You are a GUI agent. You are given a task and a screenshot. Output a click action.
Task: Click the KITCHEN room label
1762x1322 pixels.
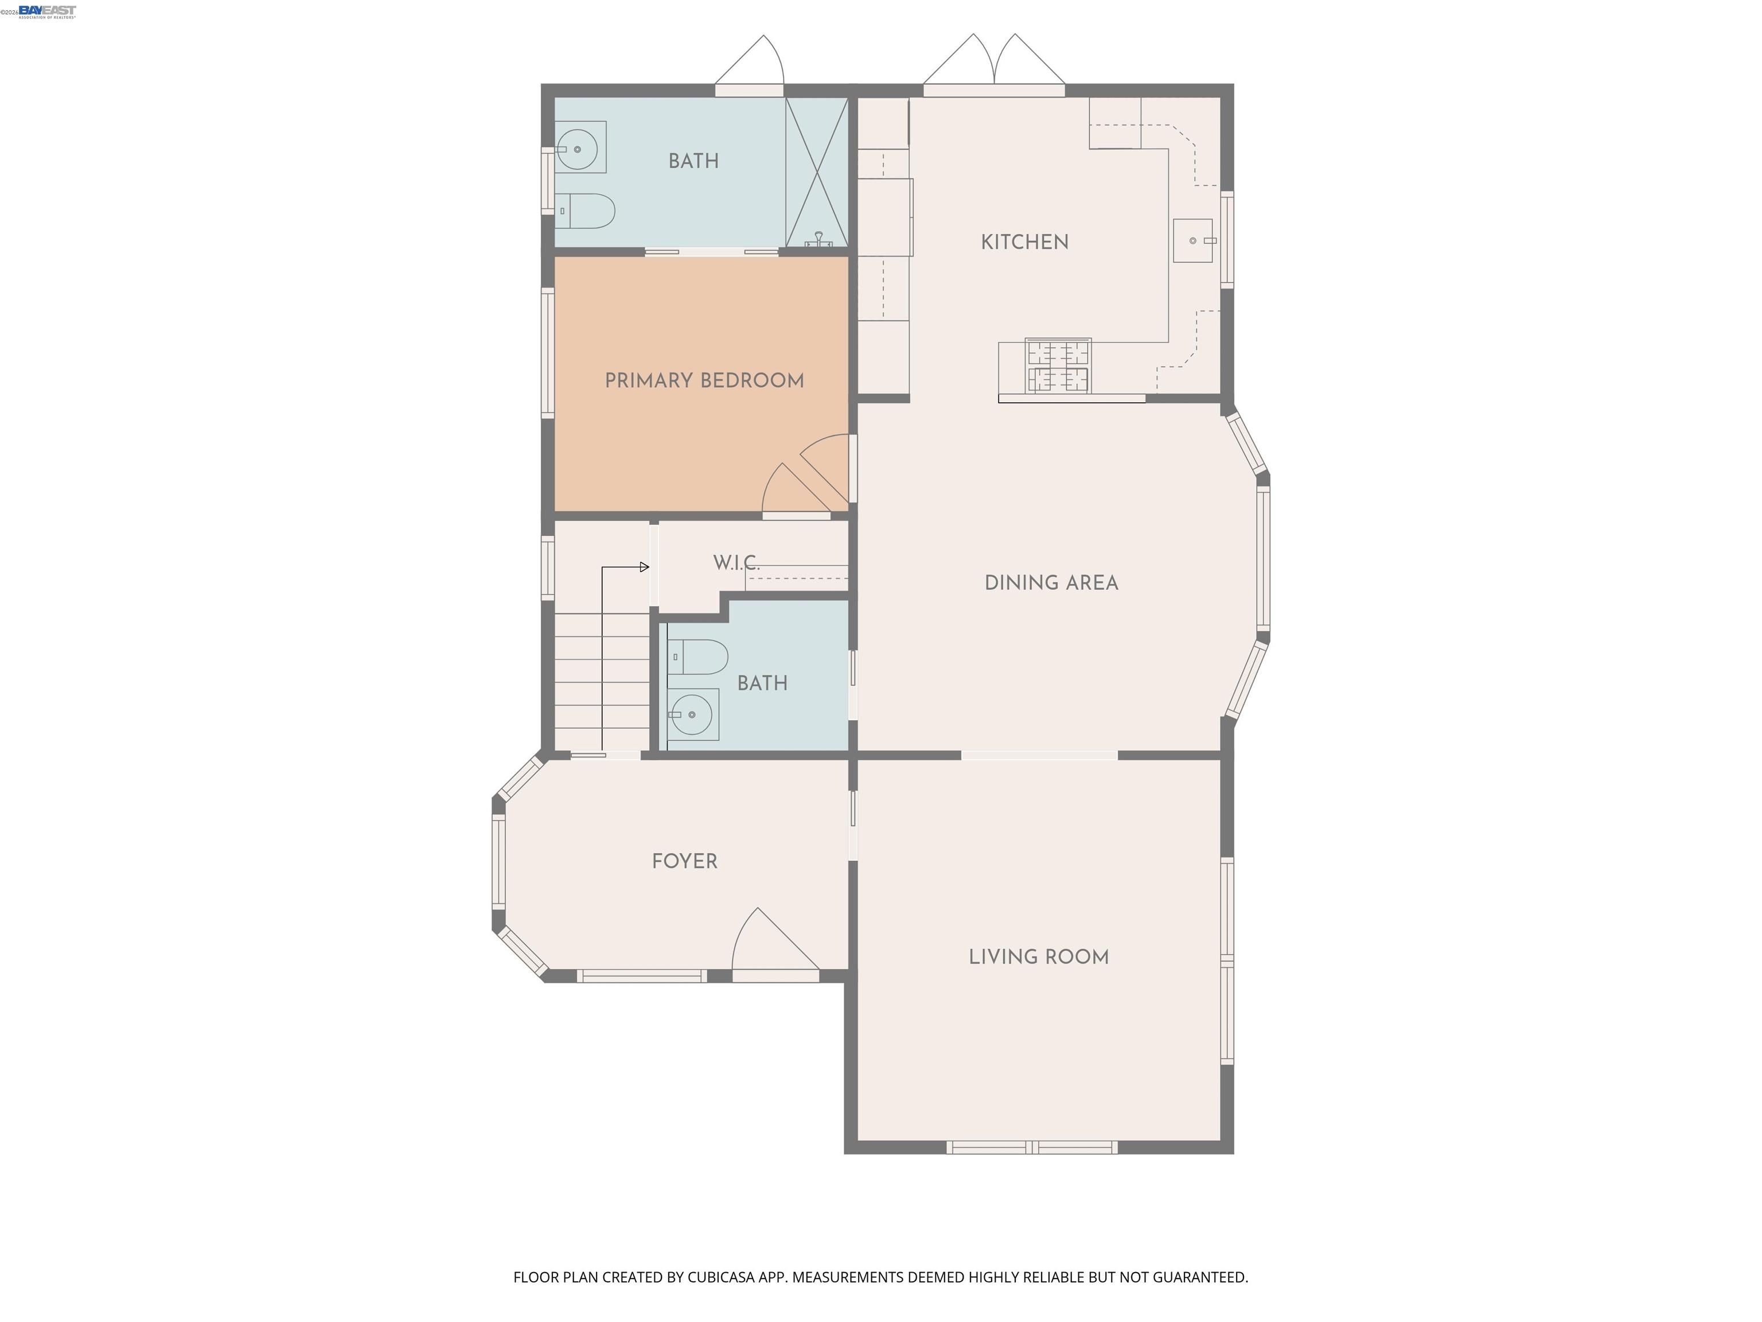pos(1024,242)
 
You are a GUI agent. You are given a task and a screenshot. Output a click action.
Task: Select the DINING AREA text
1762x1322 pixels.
pos(1051,584)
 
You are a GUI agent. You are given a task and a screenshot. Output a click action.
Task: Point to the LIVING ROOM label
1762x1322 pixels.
pos(1038,957)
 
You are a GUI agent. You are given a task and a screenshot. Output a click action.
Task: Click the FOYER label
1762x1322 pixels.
pos(684,861)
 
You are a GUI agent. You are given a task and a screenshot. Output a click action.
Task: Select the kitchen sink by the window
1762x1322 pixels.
pos(1192,240)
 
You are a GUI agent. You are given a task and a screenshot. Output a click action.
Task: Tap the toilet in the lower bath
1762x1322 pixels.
pos(699,658)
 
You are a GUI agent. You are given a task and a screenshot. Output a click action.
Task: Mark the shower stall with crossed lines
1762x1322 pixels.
pos(817,172)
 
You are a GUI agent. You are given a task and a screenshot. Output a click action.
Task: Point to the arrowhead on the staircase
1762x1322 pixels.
pos(645,567)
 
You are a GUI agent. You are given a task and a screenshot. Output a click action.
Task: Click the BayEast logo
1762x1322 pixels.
pos(47,10)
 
